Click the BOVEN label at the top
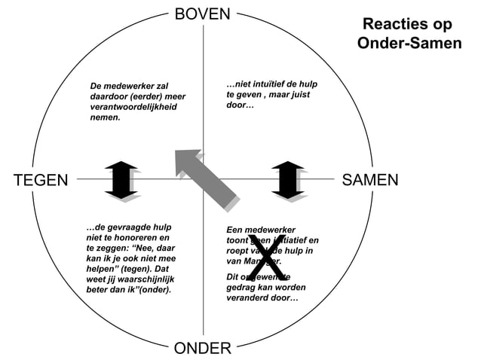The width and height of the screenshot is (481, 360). click(203, 14)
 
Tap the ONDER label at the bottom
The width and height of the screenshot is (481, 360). click(203, 348)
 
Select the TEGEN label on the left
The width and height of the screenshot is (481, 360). click(41, 180)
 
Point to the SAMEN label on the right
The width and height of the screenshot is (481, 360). click(369, 180)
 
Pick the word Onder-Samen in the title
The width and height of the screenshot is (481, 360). click(409, 44)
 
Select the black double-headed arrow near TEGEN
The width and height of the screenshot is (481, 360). click(121, 180)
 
